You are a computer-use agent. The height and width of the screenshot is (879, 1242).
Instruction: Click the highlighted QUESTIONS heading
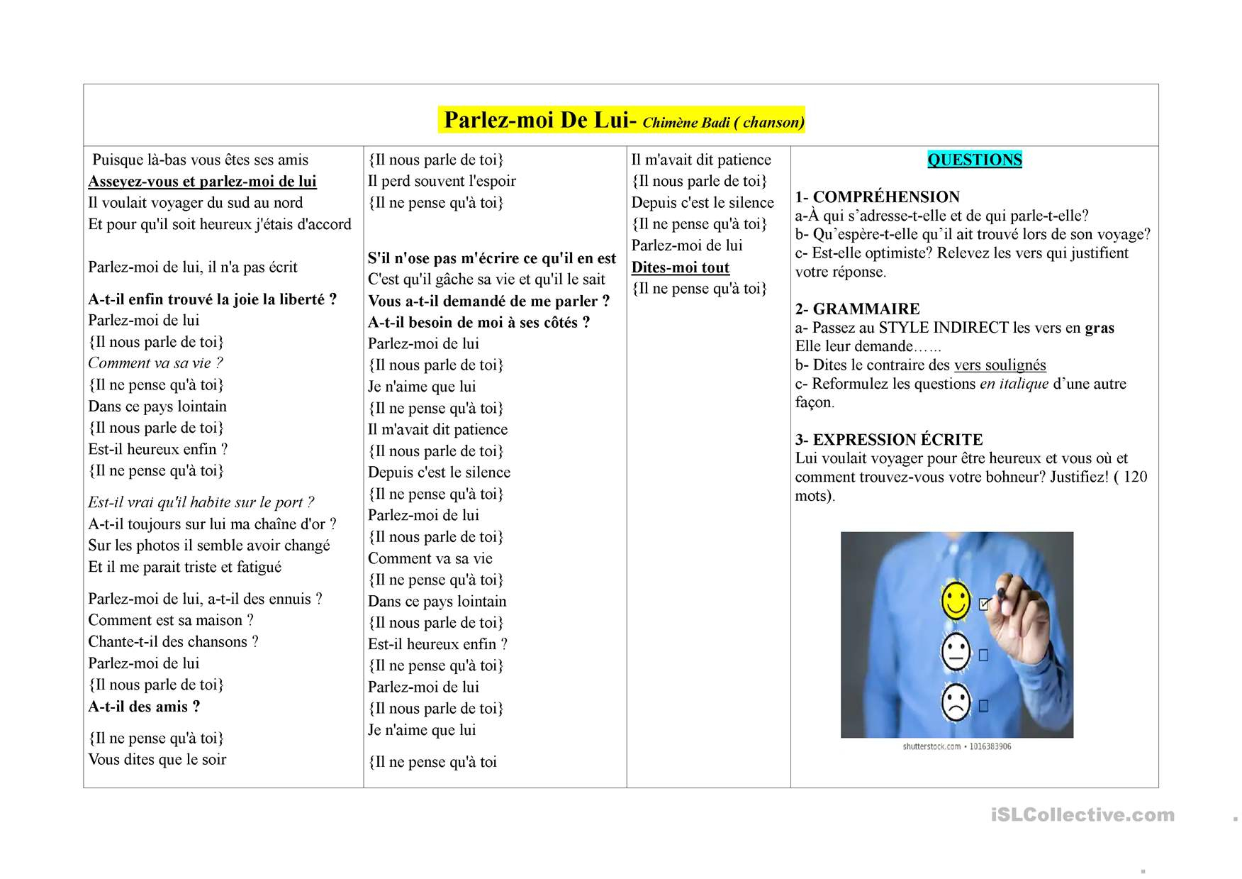(974, 160)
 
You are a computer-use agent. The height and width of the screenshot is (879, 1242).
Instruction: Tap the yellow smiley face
(955, 600)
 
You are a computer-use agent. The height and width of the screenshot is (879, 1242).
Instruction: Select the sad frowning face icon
(955, 702)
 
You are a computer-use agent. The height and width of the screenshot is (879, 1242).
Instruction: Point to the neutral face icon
(955, 651)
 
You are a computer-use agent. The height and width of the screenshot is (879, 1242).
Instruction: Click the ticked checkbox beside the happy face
(984, 604)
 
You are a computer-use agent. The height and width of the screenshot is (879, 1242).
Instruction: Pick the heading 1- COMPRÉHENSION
(877, 197)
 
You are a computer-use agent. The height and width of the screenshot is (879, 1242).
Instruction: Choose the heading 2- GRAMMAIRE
(857, 309)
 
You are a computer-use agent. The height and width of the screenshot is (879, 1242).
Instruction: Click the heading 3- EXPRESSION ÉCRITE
(888, 439)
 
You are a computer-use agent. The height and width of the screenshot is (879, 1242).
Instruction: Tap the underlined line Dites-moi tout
(680, 267)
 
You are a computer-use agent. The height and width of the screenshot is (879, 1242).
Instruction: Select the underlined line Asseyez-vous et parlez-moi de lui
(202, 181)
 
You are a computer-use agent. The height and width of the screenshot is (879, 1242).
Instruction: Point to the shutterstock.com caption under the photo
(956, 746)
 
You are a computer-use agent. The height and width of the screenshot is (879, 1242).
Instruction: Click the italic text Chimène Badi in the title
(686, 123)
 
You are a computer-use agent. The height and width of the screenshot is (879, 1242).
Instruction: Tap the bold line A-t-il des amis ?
(144, 707)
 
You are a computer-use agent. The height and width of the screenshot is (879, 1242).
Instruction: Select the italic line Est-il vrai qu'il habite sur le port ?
(201, 502)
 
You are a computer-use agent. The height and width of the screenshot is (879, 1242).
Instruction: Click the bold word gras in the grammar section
(1100, 328)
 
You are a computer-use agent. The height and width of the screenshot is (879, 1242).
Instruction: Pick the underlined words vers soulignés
(1000, 365)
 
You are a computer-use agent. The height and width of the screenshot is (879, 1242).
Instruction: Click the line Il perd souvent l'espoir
(442, 181)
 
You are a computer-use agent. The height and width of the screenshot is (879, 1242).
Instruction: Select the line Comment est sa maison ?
(171, 620)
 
